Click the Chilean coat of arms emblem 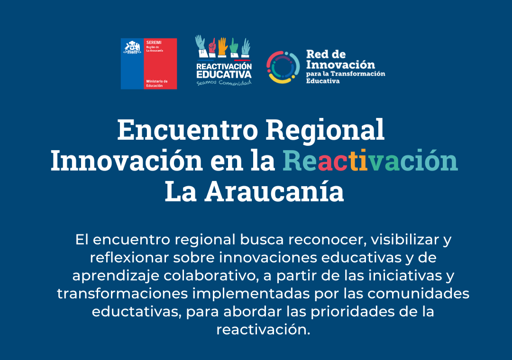pos(132,47)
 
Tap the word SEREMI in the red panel pos(154,43)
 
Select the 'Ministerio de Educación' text pos(157,83)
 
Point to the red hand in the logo pos(212,46)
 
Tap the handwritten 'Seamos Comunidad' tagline pos(224,82)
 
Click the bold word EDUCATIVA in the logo pos(224,75)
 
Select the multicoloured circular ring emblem pos(283,67)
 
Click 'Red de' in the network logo pos(326,54)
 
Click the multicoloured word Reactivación pos(370,161)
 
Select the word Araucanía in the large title pos(274,191)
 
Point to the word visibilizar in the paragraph pos(404,240)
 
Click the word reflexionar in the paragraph pos(129,258)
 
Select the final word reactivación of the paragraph pos(263,330)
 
